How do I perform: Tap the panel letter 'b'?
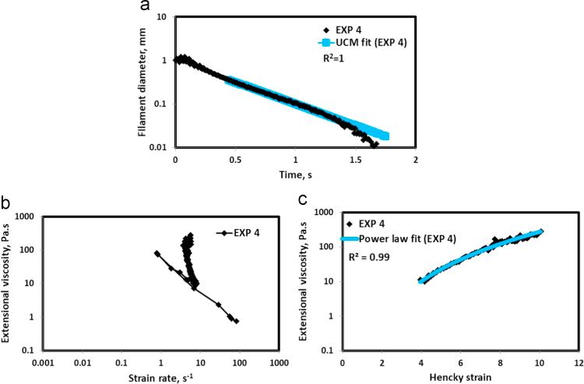point(6,203)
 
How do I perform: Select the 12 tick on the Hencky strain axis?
point(578,362)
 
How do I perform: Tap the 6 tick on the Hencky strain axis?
point(460,362)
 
